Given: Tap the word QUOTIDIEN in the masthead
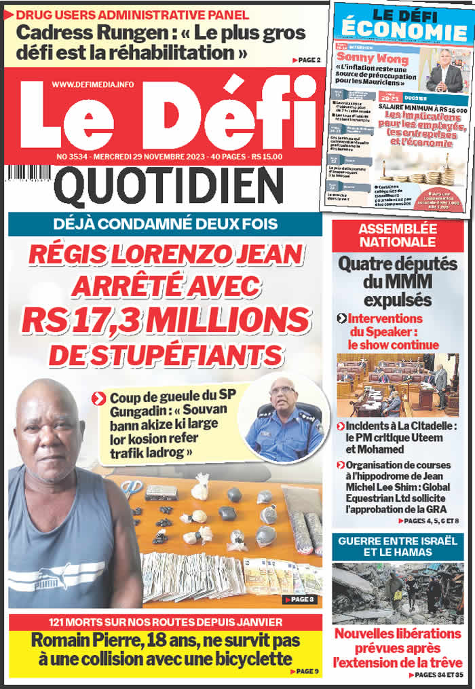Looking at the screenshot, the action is [168, 188].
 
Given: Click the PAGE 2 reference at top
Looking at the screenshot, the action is [307, 60].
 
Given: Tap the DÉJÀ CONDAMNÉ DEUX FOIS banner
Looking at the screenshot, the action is [165, 223].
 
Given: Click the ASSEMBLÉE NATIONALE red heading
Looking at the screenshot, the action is [398, 235].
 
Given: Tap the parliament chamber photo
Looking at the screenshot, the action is [398, 384].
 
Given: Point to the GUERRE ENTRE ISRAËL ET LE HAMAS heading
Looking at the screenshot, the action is [398, 547].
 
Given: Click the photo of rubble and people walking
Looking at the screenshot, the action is [398, 593].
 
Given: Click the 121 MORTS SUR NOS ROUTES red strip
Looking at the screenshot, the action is [165, 622].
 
